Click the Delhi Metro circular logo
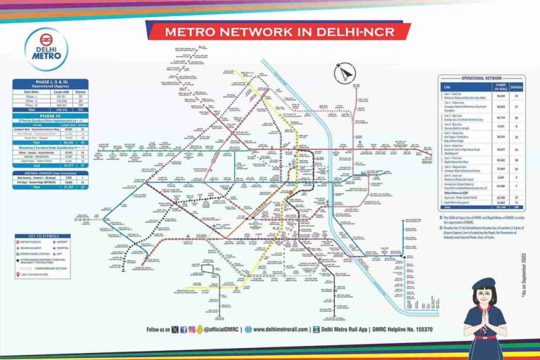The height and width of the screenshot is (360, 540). click(46, 50)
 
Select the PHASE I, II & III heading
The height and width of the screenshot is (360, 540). click(50, 82)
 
